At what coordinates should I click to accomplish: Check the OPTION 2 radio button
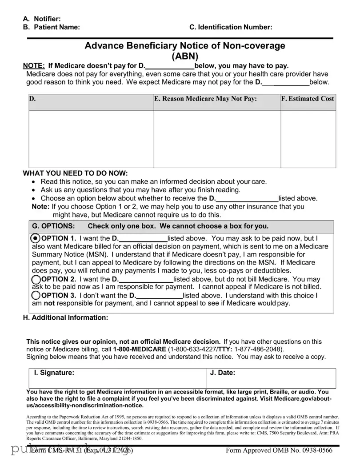(x=36, y=279)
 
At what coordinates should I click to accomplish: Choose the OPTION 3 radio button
(x=36, y=295)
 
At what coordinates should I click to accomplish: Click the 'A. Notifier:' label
(x=42, y=19)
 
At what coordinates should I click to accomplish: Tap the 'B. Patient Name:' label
(x=52, y=27)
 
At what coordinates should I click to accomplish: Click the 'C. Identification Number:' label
(x=231, y=27)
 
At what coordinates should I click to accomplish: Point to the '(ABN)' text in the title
(x=185, y=56)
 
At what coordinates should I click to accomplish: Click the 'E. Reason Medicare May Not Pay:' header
(x=205, y=99)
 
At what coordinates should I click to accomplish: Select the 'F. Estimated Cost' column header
(x=308, y=99)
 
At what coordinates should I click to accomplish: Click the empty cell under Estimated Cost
(x=308, y=139)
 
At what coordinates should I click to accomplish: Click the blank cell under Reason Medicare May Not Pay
(x=217, y=139)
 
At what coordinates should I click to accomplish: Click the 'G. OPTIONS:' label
(x=53, y=226)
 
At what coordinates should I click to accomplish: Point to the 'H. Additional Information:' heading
(x=65, y=317)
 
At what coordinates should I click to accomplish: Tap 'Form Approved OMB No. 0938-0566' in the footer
(x=279, y=450)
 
